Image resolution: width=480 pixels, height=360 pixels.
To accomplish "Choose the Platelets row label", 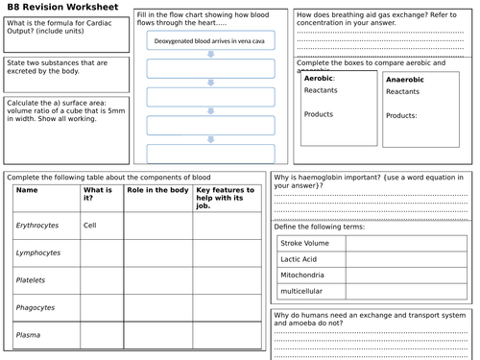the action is point(31,280).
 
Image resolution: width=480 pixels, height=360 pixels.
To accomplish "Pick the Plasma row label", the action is point(28,335).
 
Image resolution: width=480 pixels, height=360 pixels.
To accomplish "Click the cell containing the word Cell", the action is point(90,225).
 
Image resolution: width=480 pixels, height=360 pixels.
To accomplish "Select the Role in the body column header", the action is point(157,190).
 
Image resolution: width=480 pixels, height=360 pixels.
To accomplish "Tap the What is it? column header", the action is point(99,195).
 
